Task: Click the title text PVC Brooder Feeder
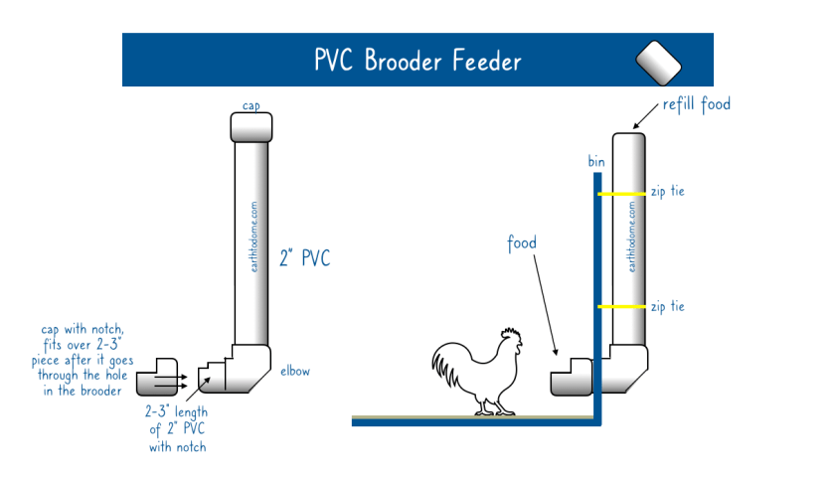417,60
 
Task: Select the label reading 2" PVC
305,259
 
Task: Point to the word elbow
295,371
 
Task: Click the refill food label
697,103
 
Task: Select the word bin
596,160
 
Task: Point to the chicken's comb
510,333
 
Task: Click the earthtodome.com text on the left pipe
255,239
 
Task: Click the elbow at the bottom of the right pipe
630,369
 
